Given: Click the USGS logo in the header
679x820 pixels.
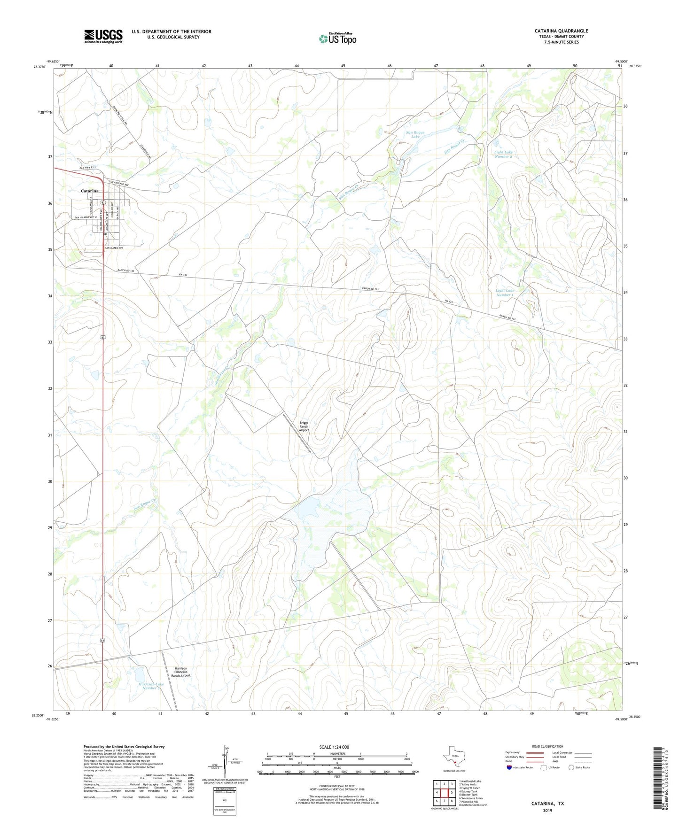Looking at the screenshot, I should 103,36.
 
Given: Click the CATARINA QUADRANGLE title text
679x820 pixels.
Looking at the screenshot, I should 561,31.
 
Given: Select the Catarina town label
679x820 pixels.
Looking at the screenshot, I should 90,191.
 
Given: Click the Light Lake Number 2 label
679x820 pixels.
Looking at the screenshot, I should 503,154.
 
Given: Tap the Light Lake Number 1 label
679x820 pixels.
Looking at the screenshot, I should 505,293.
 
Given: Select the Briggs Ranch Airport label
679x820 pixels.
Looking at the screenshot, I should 304,426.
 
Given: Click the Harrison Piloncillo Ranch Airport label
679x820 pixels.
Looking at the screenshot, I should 181,672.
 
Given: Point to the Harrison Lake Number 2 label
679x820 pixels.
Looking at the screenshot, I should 150,686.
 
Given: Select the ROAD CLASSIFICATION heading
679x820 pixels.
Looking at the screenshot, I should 547,747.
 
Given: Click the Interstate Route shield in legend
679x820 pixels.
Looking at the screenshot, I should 509,768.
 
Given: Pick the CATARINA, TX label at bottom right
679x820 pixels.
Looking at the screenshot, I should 547,804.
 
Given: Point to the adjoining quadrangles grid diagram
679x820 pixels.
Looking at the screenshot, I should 444,793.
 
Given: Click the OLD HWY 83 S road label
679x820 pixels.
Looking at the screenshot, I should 87,168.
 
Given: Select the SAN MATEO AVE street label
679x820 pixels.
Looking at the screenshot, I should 114,248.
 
